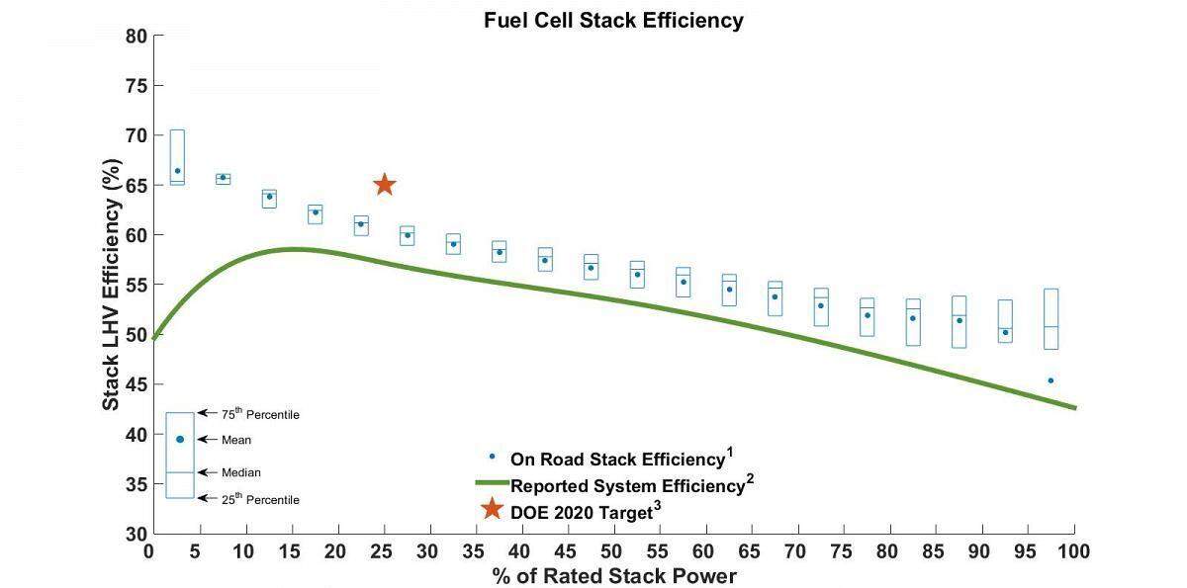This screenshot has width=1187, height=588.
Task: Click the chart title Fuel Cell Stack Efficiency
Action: point(613,20)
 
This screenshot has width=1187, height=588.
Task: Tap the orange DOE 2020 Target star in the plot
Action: point(385,185)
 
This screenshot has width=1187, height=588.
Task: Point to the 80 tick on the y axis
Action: point(137,37)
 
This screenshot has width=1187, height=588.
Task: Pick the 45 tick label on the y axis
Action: point(137,384)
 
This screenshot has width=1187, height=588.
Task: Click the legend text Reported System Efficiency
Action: point(626,486)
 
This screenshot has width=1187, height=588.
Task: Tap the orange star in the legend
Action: point(491,510)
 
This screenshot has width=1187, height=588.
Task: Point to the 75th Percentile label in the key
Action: point(261,414)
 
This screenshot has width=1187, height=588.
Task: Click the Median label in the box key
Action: point(241,472)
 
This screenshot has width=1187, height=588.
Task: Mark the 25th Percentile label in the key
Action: point(261,499)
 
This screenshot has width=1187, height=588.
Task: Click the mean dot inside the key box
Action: point(180,439)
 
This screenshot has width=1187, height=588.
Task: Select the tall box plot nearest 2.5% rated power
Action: point(177,157)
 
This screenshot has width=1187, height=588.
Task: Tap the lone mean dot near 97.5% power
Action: point(1050,380)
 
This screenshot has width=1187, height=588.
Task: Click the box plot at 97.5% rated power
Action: point(1050,318)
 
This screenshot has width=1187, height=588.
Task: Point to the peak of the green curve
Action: point(294,249)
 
